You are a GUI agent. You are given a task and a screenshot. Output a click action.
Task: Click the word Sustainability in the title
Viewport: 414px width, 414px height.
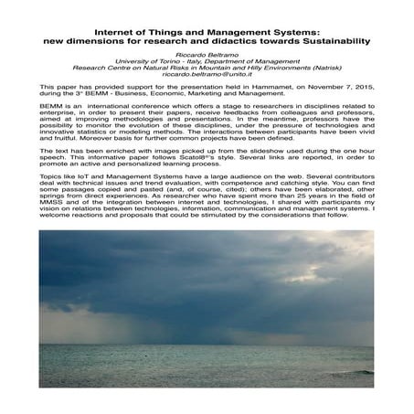pos(325,41)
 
